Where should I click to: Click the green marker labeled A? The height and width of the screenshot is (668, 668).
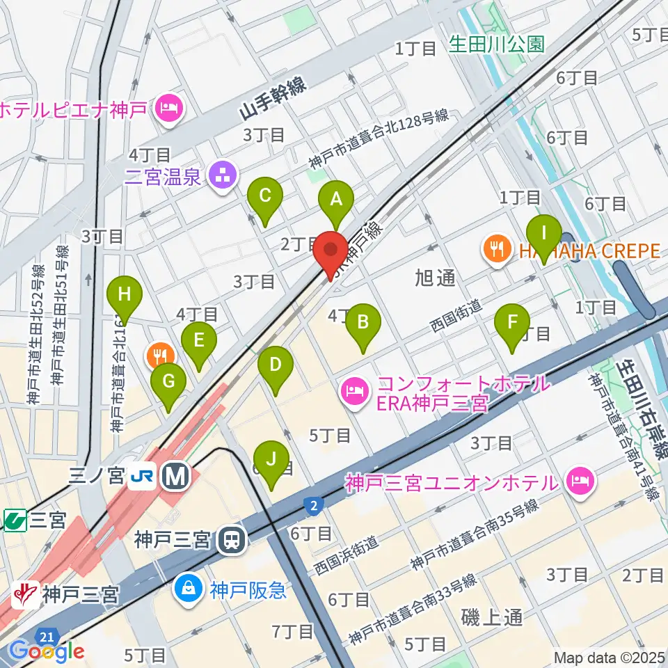336,201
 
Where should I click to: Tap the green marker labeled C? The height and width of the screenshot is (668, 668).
265,198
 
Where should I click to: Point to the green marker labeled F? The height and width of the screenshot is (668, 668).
513,324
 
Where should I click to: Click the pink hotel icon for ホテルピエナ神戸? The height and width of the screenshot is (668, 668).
168,108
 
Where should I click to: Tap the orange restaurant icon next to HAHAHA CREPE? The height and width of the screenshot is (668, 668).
497,248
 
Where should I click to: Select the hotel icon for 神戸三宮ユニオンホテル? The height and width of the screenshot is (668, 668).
580,480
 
